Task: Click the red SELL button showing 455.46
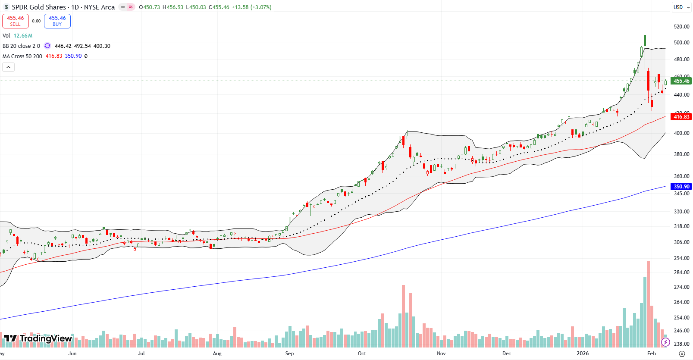pos(16,21)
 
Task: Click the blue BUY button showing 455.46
pos(57,21)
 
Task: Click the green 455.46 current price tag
pos(681,81)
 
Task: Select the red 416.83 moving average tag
pos(681,117)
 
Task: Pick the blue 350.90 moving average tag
pos(681,187)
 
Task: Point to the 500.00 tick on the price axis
pos(681,43)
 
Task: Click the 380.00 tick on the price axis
pos(681,154)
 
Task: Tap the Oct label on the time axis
pos(362,354)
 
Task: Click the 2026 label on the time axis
pos(582,354)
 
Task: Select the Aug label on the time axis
pos(217,354)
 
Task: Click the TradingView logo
pos(38,338)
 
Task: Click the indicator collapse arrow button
pos(9,67)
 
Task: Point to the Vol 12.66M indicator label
pos(17,36)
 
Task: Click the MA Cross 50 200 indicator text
pos(22,56)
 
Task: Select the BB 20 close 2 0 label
pos(21,46)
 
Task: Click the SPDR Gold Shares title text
pos(39,7)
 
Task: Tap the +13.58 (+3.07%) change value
pos(251,7)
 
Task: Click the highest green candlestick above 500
pos(645,41)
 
